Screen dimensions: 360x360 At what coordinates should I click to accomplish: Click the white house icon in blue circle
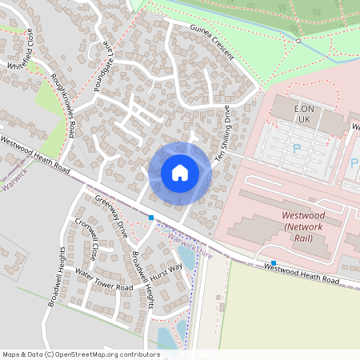pos(180,173)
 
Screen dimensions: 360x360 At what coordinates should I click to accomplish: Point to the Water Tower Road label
pos(103,279)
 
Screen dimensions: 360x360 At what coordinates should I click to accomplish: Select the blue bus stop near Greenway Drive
pos(150,217)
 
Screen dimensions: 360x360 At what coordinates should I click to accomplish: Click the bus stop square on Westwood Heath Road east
pos(274,262)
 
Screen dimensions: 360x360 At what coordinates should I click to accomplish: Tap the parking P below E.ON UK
pos(298,148)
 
